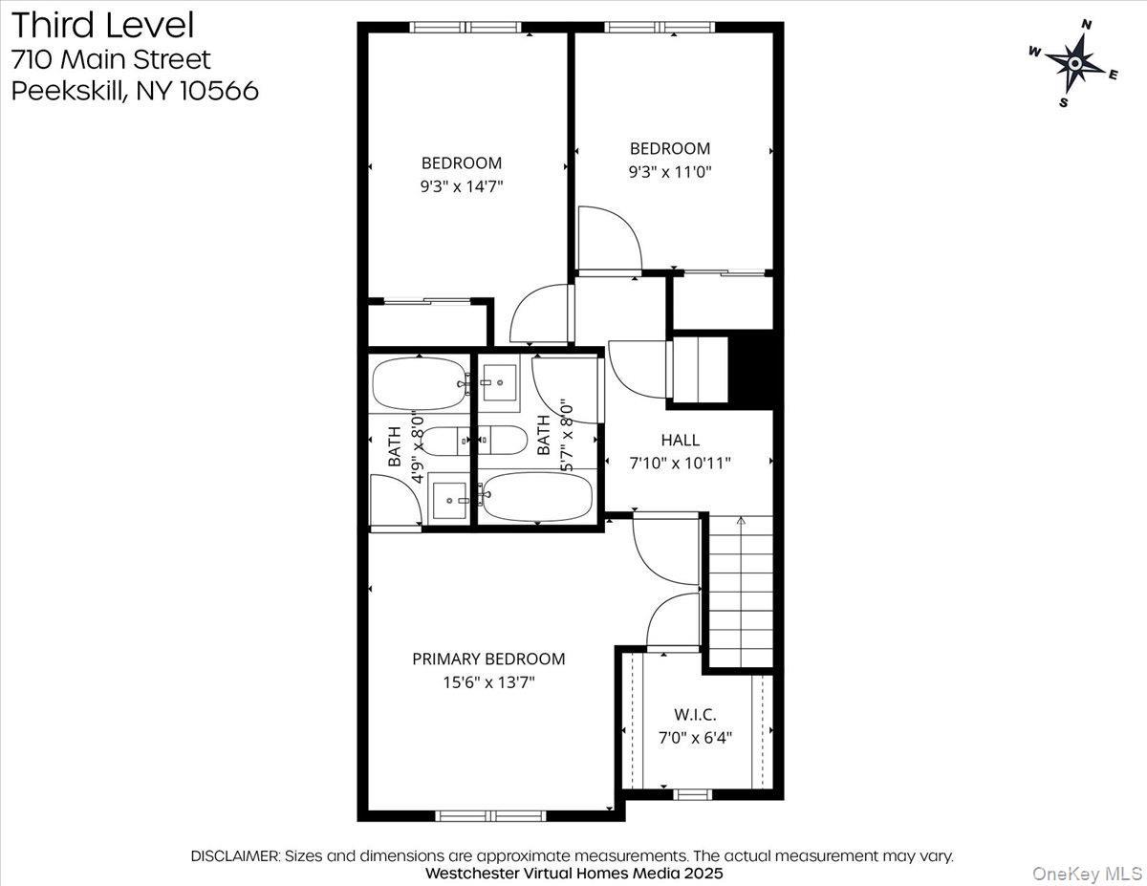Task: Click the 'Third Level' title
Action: (103, 25)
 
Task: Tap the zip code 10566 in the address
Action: (219, 91)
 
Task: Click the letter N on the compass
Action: (1086, 25)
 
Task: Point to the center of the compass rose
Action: (1075, 63)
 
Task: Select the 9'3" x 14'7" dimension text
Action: (461, 186)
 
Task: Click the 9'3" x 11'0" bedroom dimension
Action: (669, 172)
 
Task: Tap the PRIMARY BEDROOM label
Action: (487, 659)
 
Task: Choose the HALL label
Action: (680, 440)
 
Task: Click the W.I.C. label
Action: (695, 714)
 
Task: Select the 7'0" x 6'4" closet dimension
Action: (695, 737)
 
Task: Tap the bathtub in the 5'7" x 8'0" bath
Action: (535, 497)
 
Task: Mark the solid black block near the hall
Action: (750, 369)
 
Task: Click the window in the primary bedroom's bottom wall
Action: (490, 815)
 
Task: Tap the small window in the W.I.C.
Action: (692, 794)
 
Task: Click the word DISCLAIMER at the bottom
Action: (235, 855)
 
